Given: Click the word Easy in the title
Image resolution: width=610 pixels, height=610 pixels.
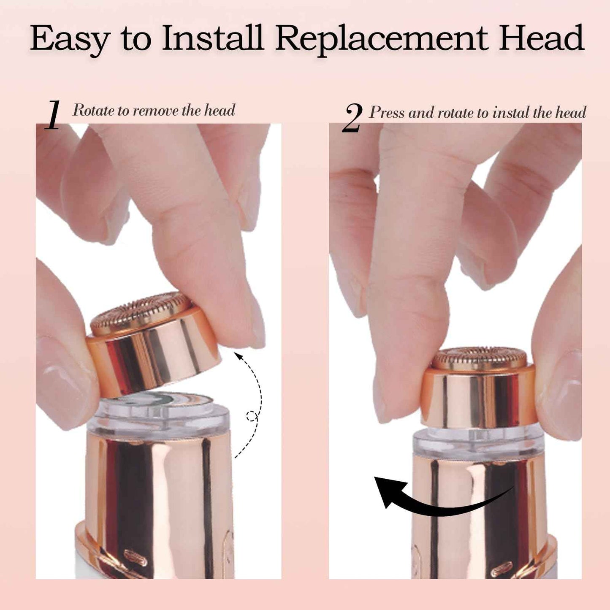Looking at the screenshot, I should point(70,39).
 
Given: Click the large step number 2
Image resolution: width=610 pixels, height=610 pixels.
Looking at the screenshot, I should point(352,119).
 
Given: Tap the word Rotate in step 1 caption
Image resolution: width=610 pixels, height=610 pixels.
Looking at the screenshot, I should point(94,111).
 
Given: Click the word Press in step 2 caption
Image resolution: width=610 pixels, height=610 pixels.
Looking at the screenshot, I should point(387,113).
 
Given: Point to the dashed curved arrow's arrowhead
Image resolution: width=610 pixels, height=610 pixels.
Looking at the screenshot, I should point(239,355).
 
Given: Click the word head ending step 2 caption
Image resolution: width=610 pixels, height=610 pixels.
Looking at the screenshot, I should point(571,113).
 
